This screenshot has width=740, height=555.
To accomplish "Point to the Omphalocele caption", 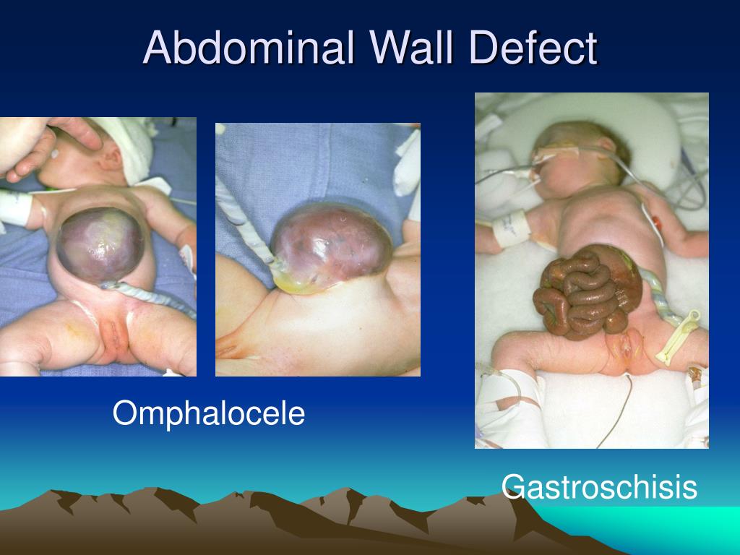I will (x=209, y=414).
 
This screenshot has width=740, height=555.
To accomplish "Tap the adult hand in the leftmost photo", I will (x=51, y=145).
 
